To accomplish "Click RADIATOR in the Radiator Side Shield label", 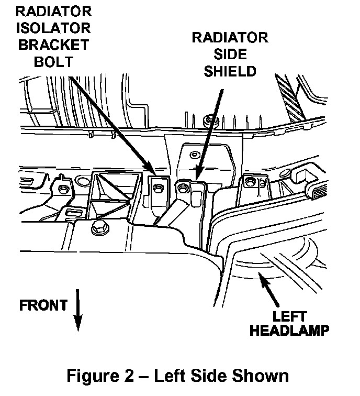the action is pos(230,38).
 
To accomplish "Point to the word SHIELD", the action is pos(230,71).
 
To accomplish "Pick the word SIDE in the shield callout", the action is pos(230,54).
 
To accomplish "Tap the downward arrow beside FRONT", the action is pos(78,311).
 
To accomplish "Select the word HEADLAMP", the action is pos(289,331).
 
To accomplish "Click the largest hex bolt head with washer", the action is pos(97,227).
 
